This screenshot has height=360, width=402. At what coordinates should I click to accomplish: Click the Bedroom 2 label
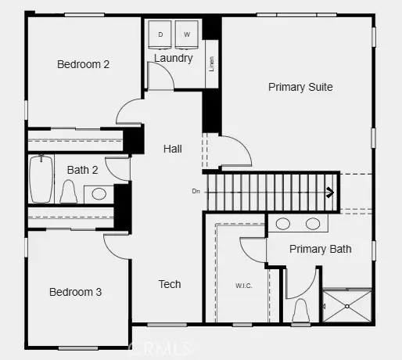(x=83, y=64)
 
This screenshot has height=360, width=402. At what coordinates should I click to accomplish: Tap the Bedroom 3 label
(x=75, y=292)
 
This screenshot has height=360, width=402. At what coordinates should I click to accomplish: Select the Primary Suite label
(x=300, y=87)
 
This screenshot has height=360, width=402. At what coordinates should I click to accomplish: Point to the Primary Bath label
(x=320, y=249)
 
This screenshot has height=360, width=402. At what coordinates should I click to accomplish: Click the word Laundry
(x=173, y=58)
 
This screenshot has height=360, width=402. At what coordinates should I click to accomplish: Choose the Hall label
(x=173, y=148)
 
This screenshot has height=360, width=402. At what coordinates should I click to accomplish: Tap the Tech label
(x=169, y=284)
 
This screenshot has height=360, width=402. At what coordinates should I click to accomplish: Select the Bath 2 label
(x=82, y=169)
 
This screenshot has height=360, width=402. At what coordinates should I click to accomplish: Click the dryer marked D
(x=162, y=35)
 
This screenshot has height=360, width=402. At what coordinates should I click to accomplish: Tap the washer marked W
(x=187, y=35)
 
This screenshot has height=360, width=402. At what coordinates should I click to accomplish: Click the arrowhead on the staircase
(x=331, y=190)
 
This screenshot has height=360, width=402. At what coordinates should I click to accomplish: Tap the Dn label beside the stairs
(x=196, y=190)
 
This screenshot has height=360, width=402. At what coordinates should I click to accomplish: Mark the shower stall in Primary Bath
(x=347, y=306)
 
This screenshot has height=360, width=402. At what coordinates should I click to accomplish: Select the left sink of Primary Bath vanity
(x=283, y=224)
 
